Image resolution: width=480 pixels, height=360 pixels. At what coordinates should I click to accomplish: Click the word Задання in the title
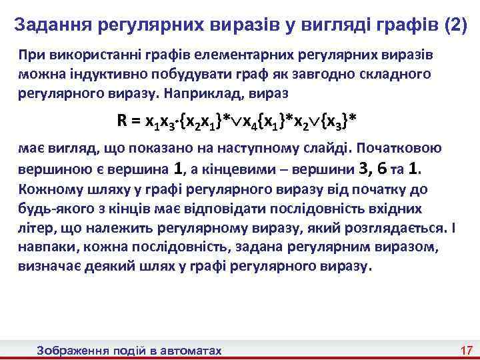point(53,25)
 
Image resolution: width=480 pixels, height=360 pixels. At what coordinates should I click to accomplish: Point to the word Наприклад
point(218,92)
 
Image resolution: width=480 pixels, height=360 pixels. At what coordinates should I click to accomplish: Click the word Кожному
point(45,189)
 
